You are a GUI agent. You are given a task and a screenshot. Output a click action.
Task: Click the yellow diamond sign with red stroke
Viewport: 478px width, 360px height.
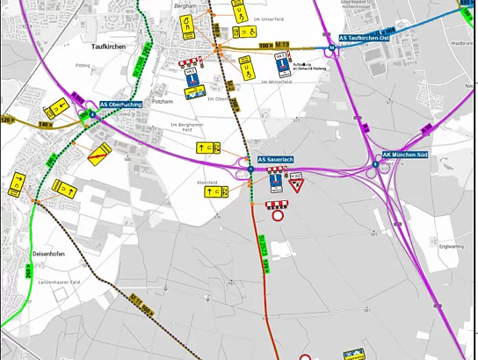tap(99, 155)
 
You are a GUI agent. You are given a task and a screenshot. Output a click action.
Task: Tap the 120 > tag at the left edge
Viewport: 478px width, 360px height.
tap(9, 119)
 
